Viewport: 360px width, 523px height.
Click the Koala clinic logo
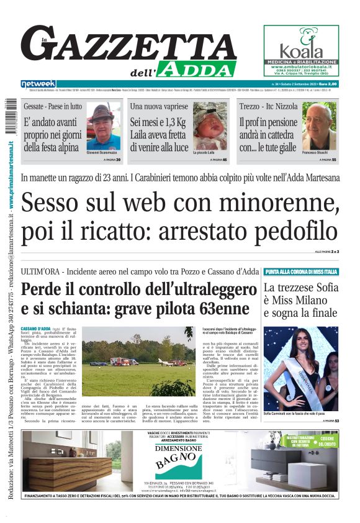[301, 47]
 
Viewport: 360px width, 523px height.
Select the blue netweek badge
[38, 84]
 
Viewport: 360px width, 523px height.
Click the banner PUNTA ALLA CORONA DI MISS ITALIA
[302, 272]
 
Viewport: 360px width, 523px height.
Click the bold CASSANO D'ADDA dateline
[36, 327]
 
